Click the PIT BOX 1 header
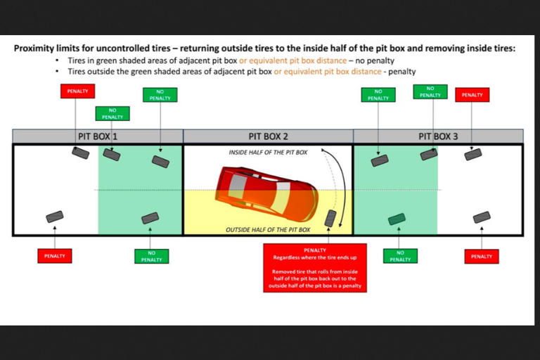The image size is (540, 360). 98,136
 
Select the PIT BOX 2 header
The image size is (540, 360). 268,136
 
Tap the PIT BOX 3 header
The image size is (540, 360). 438,136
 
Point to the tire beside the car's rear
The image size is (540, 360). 329,217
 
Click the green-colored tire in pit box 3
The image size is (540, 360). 397,219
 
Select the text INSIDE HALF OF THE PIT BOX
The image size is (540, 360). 268,152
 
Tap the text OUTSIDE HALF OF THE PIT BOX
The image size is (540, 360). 268,230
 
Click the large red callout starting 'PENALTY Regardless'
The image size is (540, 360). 314,268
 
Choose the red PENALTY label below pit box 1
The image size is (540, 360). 55,256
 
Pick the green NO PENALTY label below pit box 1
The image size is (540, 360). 151,256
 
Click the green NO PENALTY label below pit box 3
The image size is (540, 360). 400,256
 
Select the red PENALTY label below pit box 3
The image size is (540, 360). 482,256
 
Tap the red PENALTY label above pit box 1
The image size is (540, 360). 77,91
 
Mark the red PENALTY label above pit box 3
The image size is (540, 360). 472,95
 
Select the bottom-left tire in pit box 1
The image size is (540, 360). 54,217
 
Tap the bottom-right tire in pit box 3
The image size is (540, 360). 482,217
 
